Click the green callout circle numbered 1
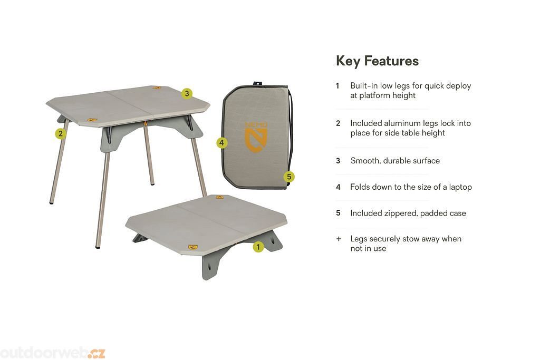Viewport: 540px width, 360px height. pos(258,247)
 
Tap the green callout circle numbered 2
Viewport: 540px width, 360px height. pos(61,133)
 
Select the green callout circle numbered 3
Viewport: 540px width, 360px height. pos(187,93)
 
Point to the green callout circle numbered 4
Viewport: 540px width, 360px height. pos(222,142)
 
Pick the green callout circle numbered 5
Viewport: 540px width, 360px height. pos(289,177)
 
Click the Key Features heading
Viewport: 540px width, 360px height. pos(377,61)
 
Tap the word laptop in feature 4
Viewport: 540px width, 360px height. pos(460,187)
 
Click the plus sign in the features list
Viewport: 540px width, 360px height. pos(339,239)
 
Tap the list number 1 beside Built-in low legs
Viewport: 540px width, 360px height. pos(337,86)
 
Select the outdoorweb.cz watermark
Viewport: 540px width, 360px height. pos(52,353)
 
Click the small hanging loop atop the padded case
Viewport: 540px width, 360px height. pos(257,84)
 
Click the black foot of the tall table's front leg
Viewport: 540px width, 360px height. pos(98,247)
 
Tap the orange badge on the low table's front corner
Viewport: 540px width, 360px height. pos(193,247)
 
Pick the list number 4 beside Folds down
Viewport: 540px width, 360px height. pos(338,187)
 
